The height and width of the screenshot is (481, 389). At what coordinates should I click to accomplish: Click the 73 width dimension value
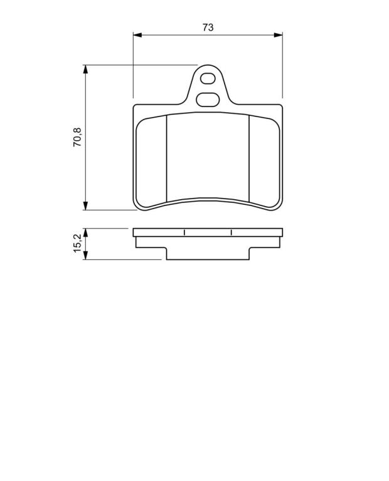click(208, 28)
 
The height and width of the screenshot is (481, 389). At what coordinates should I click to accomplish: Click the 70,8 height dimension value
click(77, 137)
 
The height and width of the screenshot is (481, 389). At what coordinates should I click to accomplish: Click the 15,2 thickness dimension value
click(77, 243)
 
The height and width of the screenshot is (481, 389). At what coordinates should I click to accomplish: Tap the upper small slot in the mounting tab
click(208, 78)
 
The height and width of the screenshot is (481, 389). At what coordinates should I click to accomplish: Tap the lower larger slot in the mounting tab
click(208, 100)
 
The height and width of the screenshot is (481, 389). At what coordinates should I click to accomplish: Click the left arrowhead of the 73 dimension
click(137, 35)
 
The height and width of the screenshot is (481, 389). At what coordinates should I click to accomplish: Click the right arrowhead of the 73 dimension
click(278, 35)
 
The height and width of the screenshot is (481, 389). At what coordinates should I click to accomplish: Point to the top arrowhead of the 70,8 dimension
click(85, 69)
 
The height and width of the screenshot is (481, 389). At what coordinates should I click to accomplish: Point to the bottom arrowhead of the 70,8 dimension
click(85, 206)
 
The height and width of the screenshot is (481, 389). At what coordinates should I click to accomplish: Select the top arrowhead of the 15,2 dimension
click(85, 232)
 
